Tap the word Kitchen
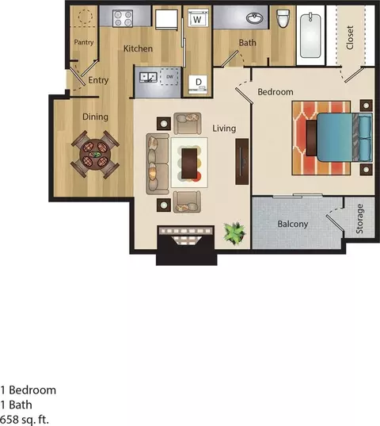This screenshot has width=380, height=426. (x=138, y=49)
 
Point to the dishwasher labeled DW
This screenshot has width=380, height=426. (x=169, y=77)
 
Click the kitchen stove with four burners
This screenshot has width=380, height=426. (x=123, y=17)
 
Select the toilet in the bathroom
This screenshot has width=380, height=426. (x=283, y=19)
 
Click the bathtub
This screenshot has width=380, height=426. (x=310, y=36)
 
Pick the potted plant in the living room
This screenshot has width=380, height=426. (x=234, y=232)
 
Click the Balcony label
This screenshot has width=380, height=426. (x=292, y=224)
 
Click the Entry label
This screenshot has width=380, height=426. (x=99, y=79)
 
